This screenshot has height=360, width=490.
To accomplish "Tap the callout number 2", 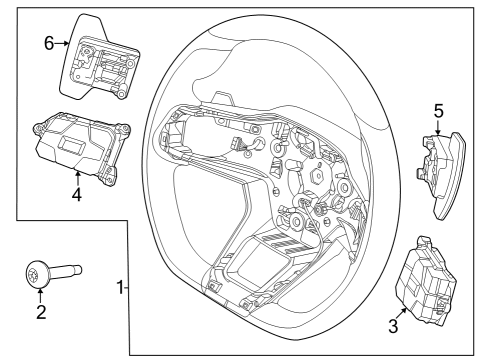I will coord(40,311).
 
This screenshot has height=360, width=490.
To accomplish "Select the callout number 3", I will coord(394,325).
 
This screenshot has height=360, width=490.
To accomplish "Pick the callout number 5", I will coord(437,112).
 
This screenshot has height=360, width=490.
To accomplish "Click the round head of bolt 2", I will coord(39,271).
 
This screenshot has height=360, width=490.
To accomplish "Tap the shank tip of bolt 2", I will coord(79,268).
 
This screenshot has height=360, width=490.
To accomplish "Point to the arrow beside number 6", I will coord(63,43).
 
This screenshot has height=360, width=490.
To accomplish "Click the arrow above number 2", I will coord(40,292).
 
